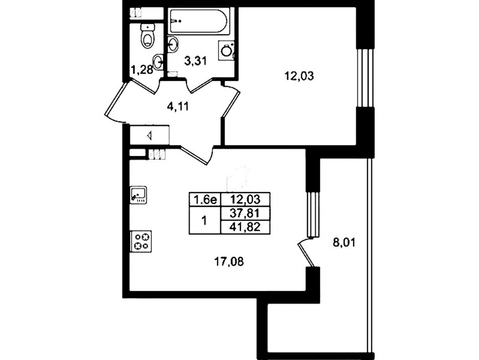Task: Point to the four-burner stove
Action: point(141,241)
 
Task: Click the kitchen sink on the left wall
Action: point(138,194)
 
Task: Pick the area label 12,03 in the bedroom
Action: point(299,76)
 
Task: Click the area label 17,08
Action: point(229,262)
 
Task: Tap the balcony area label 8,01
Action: point(344,243)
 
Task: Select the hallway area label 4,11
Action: point(178,107)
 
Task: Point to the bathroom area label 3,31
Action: point(196,61)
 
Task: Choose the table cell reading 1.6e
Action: point(205,200)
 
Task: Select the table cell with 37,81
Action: point(245,213)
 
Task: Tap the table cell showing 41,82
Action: point(245,227)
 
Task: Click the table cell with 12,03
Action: point(245,200)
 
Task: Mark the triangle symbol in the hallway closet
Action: point(150,135)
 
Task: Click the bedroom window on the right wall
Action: point(365,78)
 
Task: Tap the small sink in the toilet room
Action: point(158,62)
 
